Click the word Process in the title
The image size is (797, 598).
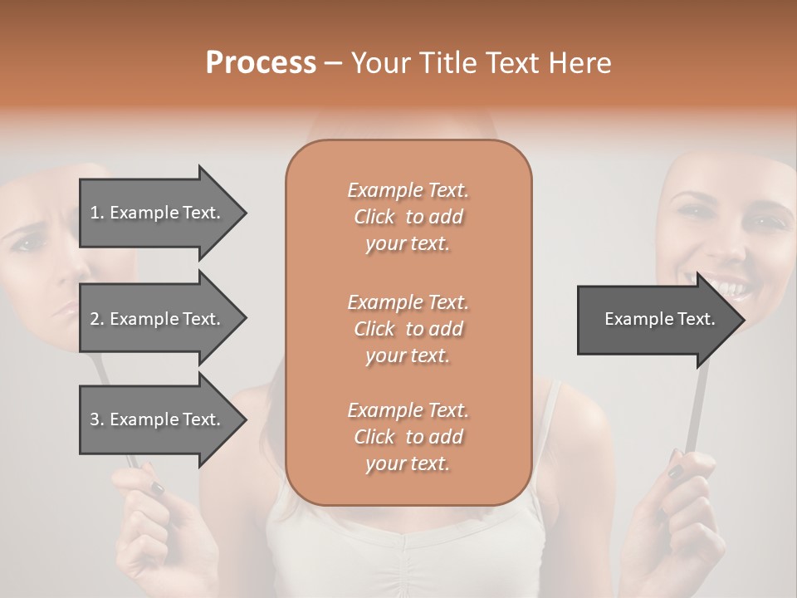pyautogui.click(x=261, y=63)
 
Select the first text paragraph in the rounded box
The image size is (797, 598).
pyautogui.click(x=408, y=217)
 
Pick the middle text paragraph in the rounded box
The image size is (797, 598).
pyautogui.click(x=408, y=328)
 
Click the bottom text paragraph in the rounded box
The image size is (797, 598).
pyautogui.click(x=408, y=437)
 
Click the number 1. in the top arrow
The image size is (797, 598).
pyautogui.click(x=97, y=213)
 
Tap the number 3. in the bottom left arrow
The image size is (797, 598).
pyautogui.click(x=97, y=419)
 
